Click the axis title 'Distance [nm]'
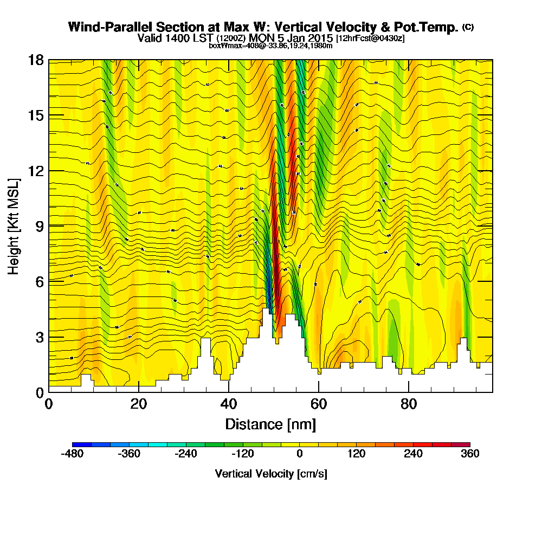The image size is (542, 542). point(270,423)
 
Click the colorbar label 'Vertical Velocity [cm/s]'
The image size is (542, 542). point(270,474)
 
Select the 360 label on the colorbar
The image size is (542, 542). point(470,454)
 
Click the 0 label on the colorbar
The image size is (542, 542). point(299,454)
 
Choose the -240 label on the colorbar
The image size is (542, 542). point(186,454)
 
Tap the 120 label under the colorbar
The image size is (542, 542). point(356,454)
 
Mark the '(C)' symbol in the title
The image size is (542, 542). point(468,27)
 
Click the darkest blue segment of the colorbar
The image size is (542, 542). point(82,444)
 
